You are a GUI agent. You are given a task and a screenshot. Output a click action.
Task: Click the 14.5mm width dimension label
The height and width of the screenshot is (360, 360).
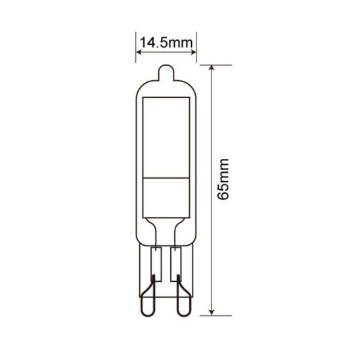tap(166, 43)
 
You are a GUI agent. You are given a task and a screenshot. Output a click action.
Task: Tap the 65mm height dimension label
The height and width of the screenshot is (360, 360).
tap(223, 179)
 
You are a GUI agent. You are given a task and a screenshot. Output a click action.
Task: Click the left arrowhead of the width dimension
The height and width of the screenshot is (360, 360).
tap(139, 53)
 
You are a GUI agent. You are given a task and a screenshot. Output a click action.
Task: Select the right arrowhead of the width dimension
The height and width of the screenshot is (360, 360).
tap(194, 53)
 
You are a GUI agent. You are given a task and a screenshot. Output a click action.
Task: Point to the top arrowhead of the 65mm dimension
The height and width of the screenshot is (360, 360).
tap(212, 68)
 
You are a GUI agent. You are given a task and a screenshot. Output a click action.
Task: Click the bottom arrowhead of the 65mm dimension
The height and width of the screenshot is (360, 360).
tap(212, 313)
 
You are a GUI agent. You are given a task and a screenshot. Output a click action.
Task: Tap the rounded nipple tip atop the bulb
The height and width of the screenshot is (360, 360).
tap(166, 72)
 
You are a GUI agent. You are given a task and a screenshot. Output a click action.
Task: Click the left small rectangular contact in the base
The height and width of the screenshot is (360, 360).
tap(156, 264)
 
